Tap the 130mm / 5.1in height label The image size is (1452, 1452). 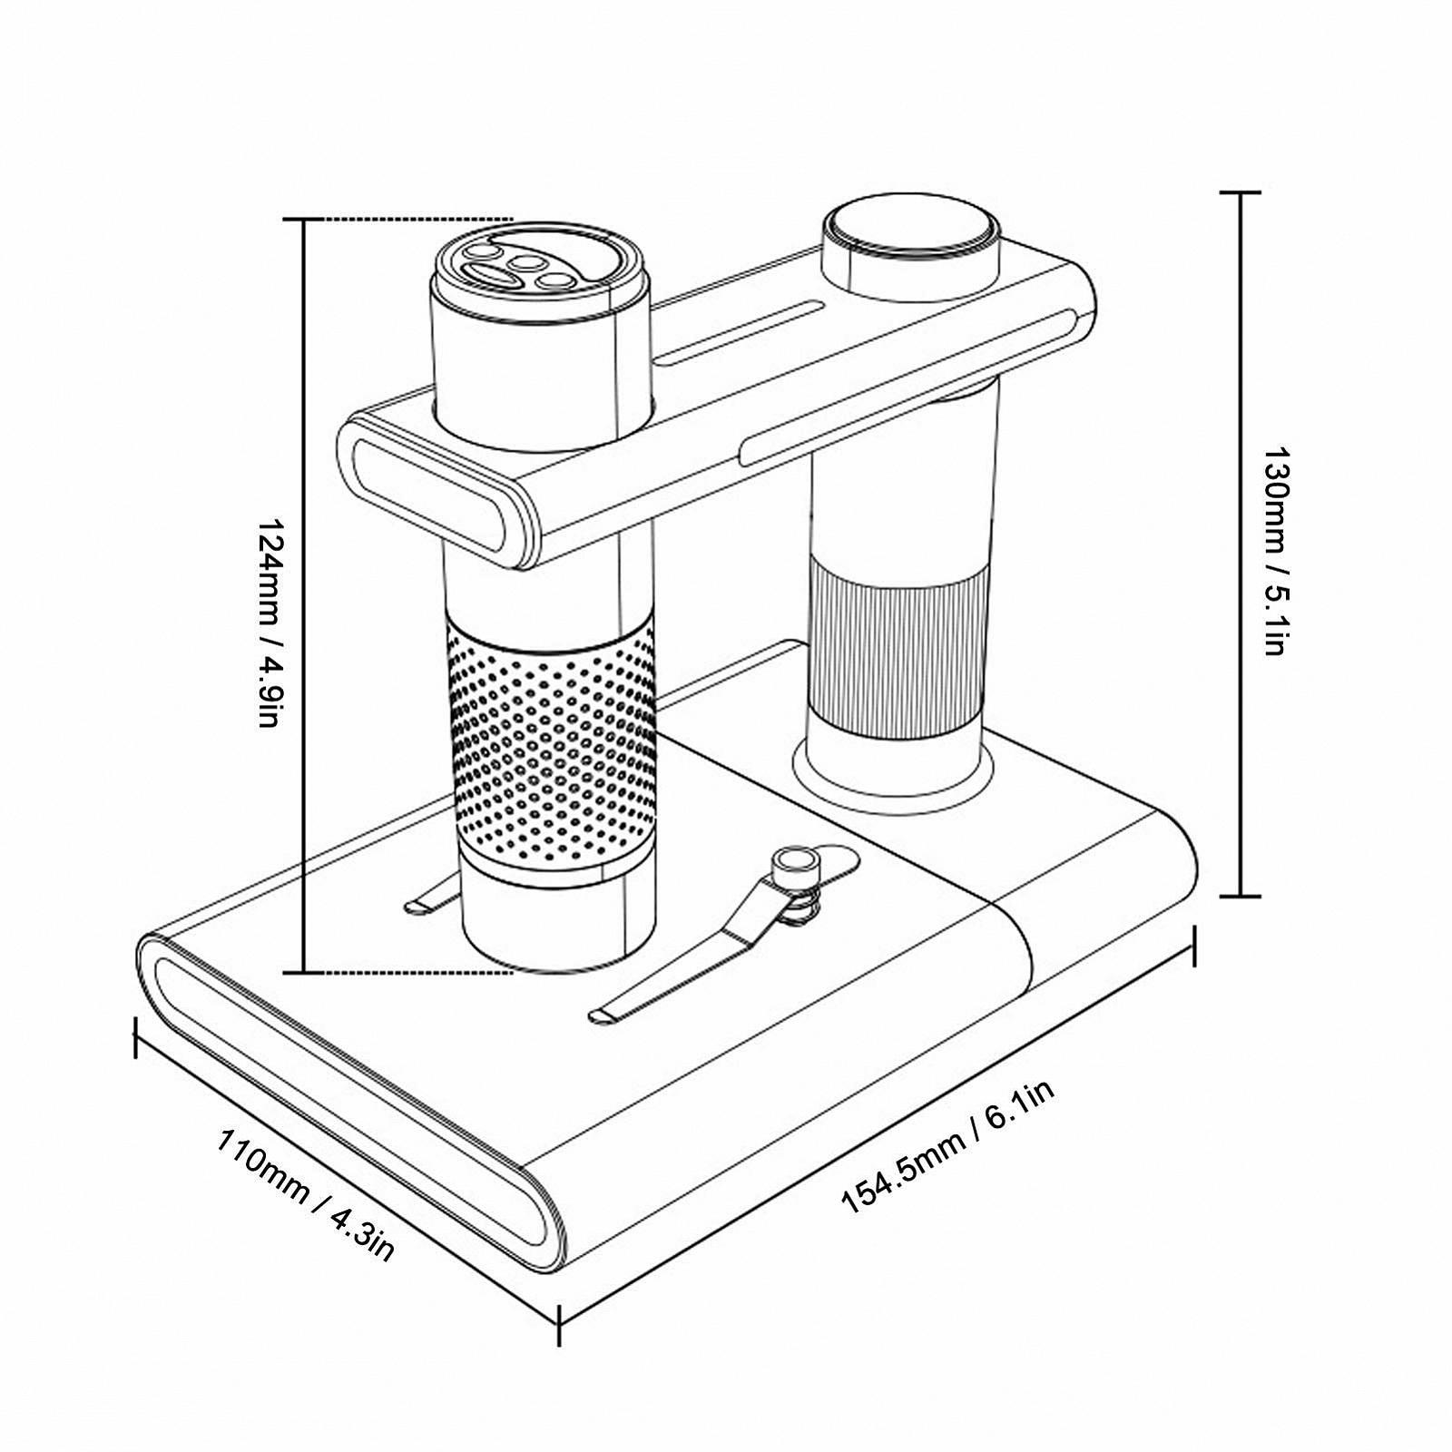[x=1276, y=550]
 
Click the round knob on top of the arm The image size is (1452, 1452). [x=910, y=234]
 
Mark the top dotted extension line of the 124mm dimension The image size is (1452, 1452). [x=408, y=220]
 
